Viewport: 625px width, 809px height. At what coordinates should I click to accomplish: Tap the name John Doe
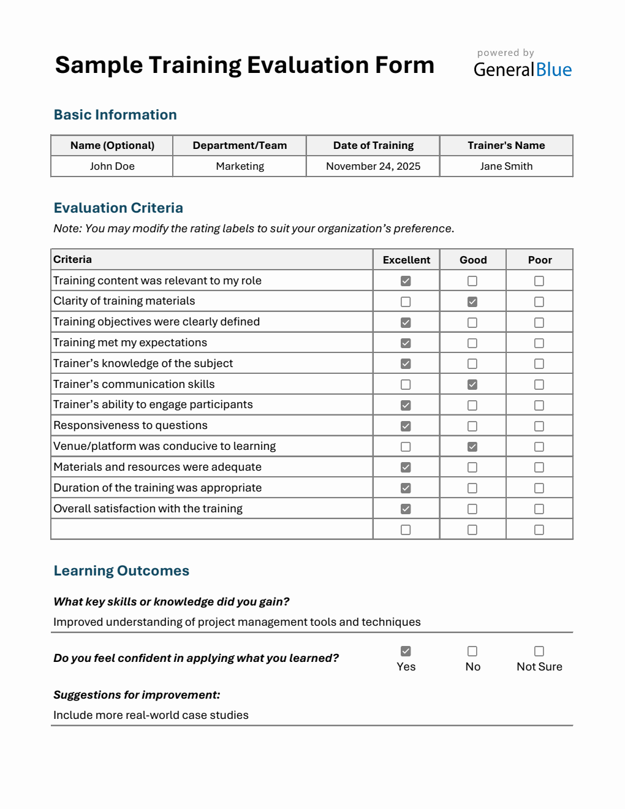click(x=112, y=166)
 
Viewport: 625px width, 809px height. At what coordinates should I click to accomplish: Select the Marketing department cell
click(x=240, y=166)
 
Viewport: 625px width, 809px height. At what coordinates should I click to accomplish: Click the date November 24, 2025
click(x=373, y=166)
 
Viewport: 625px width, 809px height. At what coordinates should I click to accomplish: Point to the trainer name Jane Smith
click(x=506, y=166)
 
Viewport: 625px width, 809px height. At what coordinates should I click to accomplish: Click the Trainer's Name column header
click(x=506, y=145)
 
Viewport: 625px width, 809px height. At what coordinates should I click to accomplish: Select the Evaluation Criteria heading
click(x=118, y=208)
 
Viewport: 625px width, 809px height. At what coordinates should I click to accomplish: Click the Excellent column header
click(x=406, y=260)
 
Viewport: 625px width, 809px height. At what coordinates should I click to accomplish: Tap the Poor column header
click(x=540, y=260)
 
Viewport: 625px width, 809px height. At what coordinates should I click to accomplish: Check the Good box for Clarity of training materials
click(x=472, y=302)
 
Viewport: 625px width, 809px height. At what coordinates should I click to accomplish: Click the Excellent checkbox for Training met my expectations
click(x=406, y=343)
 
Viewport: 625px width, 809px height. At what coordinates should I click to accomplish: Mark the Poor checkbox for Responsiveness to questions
click(x=539, y=426)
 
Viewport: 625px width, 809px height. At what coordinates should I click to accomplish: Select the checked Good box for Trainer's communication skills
click(x=472, y=384)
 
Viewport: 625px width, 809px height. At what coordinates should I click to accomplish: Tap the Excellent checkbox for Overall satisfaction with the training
click(x=406, y=509)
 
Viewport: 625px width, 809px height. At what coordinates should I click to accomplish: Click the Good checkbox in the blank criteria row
click(x=472, y=530)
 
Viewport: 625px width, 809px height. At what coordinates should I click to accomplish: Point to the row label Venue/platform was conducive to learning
click(x=164, y=446)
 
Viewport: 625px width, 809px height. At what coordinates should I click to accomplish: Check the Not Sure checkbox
click(x=539, y=651)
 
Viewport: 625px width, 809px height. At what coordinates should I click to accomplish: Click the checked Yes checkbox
click(x=406, y=651)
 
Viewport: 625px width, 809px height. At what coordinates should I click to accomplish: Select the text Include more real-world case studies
click(x=151, y=715)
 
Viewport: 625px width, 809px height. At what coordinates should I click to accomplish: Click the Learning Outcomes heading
click(x=121, y=571)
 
